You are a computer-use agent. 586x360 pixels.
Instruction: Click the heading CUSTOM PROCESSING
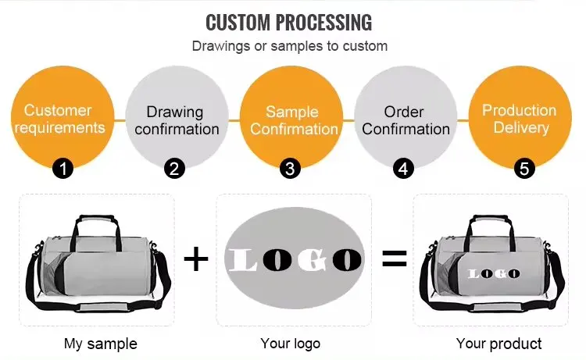pos(289,21)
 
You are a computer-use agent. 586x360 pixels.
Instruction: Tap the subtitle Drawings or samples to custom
pos(289,46)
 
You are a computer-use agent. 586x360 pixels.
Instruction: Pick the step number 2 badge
pos(176,168)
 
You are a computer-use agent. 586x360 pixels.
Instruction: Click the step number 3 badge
pos(291,168)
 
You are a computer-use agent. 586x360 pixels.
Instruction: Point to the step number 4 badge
pos(404,168)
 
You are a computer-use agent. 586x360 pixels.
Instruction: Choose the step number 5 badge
pos(523,168)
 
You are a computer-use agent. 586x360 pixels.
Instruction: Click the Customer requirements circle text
pos(59,119)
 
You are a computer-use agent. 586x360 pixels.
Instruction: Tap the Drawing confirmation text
pos(176,120)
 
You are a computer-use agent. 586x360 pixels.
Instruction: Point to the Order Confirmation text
pos(406,120)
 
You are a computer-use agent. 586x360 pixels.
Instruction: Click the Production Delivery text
pos(520,118)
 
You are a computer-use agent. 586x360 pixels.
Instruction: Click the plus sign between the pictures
pos(196,259)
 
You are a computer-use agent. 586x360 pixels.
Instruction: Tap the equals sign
pos(395,259)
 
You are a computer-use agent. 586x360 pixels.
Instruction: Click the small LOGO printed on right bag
pos(494,273)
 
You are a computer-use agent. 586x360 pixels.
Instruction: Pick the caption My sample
pos(100,344)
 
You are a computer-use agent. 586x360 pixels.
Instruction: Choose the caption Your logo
pos(290,344)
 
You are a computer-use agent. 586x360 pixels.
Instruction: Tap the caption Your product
pos(498,344)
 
